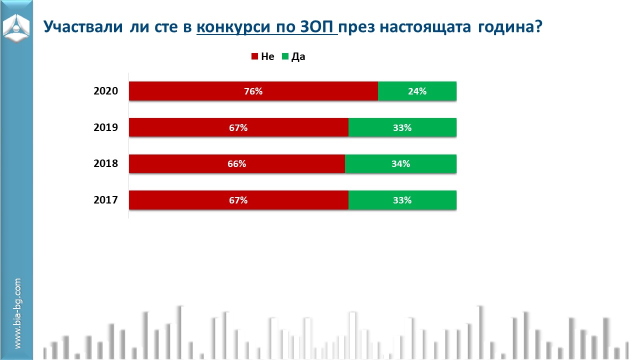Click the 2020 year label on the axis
tap(105, 91)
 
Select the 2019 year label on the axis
tap(105, 127)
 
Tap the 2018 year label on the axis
tap(105, 164)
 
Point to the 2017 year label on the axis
tap(105, 200)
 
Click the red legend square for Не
tap(254, 56)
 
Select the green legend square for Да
tap(285, 56)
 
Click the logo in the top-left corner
tap(16, 28)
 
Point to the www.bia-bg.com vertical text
tap(17, 313)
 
